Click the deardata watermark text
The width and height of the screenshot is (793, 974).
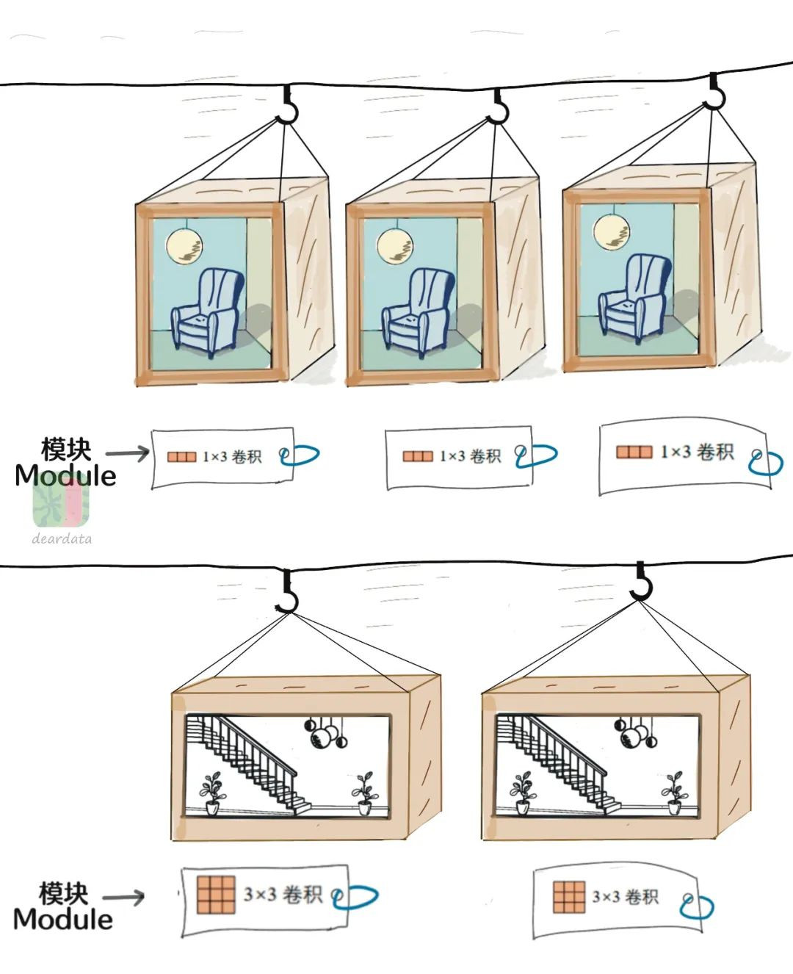pyautogui.click(x=62, y=538)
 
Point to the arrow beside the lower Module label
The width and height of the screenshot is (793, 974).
pyautogui.click(x=123, y=897)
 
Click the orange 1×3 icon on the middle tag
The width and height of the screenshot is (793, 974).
pyautogui.click(x=418, y=456)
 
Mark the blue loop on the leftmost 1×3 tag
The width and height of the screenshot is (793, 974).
pyautogui.click(x=300, y=456)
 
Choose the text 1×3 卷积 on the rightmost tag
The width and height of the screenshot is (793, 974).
pyautogui.click(x=697, y=452)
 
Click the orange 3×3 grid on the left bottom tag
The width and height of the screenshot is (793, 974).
pyautogui.click(x=216, y=895)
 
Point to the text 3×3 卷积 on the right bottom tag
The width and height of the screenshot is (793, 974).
pyautogui.click(x=626, y=897)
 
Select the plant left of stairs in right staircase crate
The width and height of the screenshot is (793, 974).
pyautogui.click(x=523, y=792)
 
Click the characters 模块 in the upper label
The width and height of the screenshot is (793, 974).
pyautogui.click(x=66, y=449)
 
